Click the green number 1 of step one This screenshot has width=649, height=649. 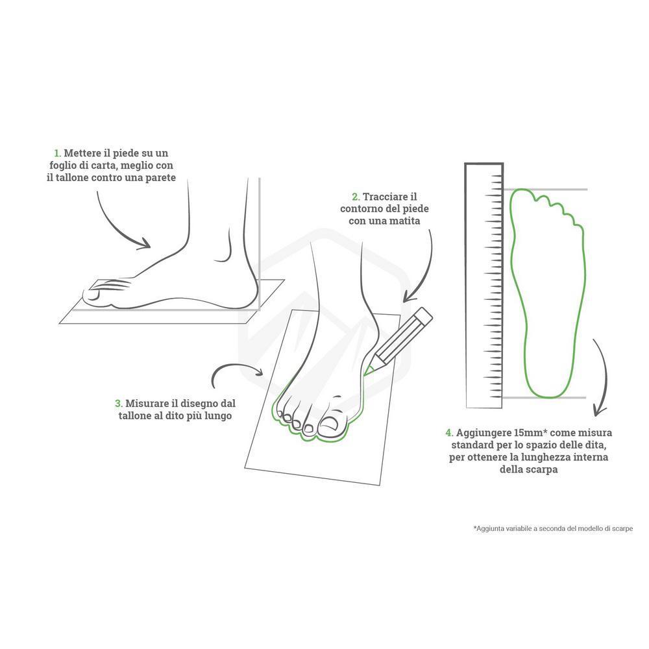point(57,154)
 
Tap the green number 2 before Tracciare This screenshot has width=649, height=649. point(356,197)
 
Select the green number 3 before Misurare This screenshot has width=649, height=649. point(118,404)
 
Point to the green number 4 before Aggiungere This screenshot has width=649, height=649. point(449,433)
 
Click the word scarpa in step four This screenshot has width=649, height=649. point(541,470)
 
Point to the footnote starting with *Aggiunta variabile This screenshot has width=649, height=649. point(553,528)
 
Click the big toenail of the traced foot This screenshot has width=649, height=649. point(330,424)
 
